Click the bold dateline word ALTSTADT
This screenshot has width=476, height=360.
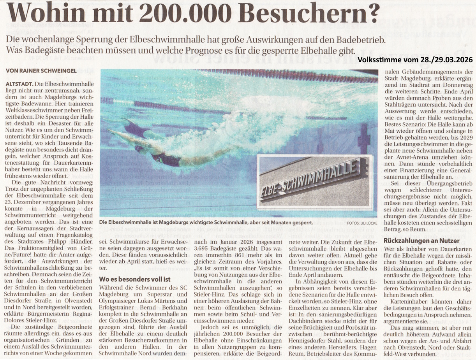coord(19,84)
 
